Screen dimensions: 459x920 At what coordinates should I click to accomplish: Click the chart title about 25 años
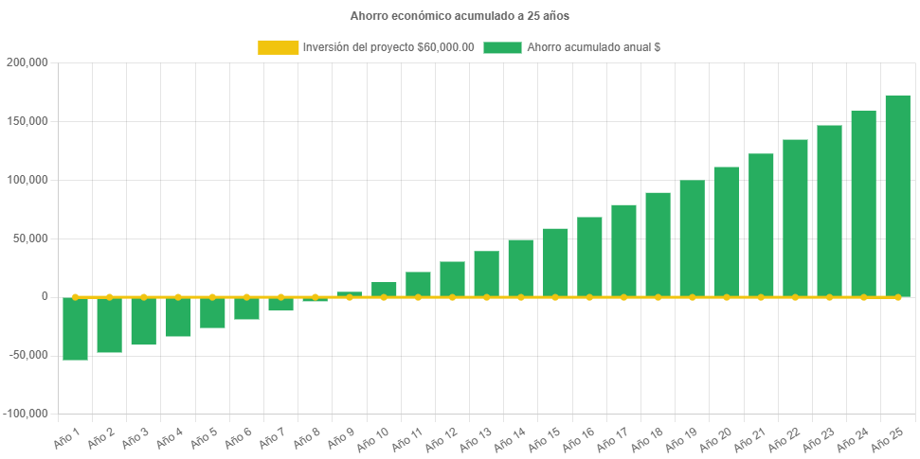[x=460, y=16]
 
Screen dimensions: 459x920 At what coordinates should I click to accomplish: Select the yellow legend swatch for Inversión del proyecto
[x=277, y=47]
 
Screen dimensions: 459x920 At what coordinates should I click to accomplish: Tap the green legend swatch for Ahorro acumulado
[x=502, y=47]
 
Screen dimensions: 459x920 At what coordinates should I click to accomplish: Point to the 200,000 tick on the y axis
[x=27, y=62]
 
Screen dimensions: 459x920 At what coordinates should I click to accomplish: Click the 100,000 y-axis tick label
[x=27, y=180]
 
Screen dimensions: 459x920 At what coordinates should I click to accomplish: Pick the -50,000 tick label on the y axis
[x=27, y=355]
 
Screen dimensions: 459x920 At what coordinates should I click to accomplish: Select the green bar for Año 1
[x=76, y=328]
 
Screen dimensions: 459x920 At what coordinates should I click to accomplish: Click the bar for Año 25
[x=897, y=196]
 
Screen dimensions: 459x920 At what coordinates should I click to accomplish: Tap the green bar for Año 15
[x=555, y=262]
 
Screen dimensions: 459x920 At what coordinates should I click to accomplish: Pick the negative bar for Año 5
[x=212, y=312]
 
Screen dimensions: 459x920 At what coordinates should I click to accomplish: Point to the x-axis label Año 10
[x=372, y=437]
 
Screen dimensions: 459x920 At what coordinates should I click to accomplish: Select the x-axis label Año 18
[x=646, y=437]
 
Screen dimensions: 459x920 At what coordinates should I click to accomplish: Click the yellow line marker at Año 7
[x=280, y=297]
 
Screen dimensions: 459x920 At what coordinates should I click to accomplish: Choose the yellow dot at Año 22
[x=795, y=297]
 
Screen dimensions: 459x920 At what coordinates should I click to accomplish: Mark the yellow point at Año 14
[x=520, y=297]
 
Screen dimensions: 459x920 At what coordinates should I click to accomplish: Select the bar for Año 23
[x=829, y=211]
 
